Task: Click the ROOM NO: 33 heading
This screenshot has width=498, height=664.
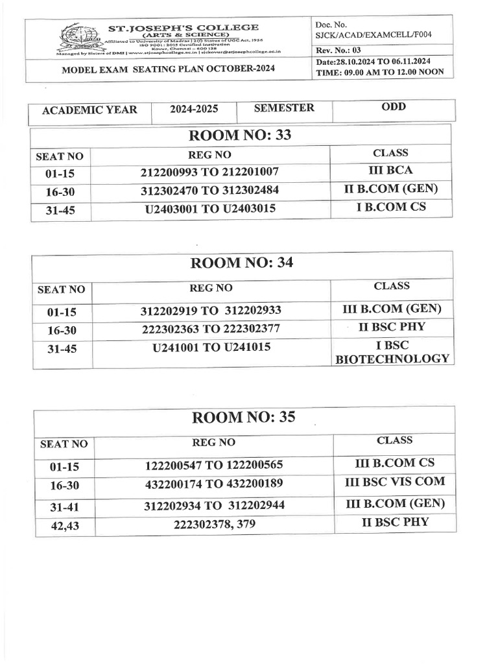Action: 240,135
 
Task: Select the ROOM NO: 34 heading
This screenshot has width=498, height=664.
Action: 240,263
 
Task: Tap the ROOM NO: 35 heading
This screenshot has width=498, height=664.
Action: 244,417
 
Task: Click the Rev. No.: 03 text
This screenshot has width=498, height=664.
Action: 342,51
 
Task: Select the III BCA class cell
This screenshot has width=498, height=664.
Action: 390,171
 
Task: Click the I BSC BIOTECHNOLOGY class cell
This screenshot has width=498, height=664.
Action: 392,352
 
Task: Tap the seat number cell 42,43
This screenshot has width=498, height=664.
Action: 64,527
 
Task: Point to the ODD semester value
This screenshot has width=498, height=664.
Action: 393,106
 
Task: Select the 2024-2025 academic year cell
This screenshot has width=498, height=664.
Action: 194,109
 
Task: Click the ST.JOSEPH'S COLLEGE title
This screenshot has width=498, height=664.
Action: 183,27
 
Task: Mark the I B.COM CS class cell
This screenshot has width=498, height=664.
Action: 390,207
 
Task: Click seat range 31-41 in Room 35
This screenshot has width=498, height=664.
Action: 64,506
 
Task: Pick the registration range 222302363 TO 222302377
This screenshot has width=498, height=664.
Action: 211,329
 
